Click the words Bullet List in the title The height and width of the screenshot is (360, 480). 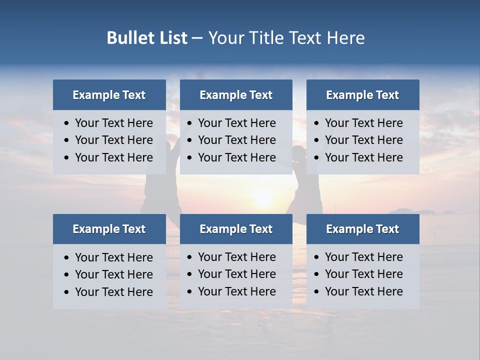(147, 38)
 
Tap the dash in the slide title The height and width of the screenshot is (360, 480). (197, 38)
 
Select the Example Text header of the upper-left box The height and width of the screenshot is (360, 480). (109, 95)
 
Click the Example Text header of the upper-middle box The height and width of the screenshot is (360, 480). (236, 95)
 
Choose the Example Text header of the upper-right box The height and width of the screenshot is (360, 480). (362, 95)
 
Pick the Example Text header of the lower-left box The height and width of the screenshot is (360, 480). (109, 229)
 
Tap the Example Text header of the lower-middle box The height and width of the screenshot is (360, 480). (236, 229)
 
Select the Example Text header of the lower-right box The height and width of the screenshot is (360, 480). (362, 229)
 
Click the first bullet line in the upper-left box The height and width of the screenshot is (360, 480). (113, 123)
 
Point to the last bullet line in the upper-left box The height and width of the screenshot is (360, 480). (113, 157)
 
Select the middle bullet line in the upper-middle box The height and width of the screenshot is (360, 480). (236, 140)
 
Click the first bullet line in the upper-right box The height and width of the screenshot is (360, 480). (363, 123)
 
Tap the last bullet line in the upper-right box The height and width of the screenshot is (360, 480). (363, 157)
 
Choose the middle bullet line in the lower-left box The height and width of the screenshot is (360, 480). (113, 274)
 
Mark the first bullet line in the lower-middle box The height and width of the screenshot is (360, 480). (236, 257)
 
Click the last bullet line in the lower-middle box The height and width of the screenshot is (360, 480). (236, 291)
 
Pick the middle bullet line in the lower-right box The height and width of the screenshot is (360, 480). (363, 274)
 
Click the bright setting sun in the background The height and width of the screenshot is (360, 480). (263, 198)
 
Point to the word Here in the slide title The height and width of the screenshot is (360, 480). (345, 38)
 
